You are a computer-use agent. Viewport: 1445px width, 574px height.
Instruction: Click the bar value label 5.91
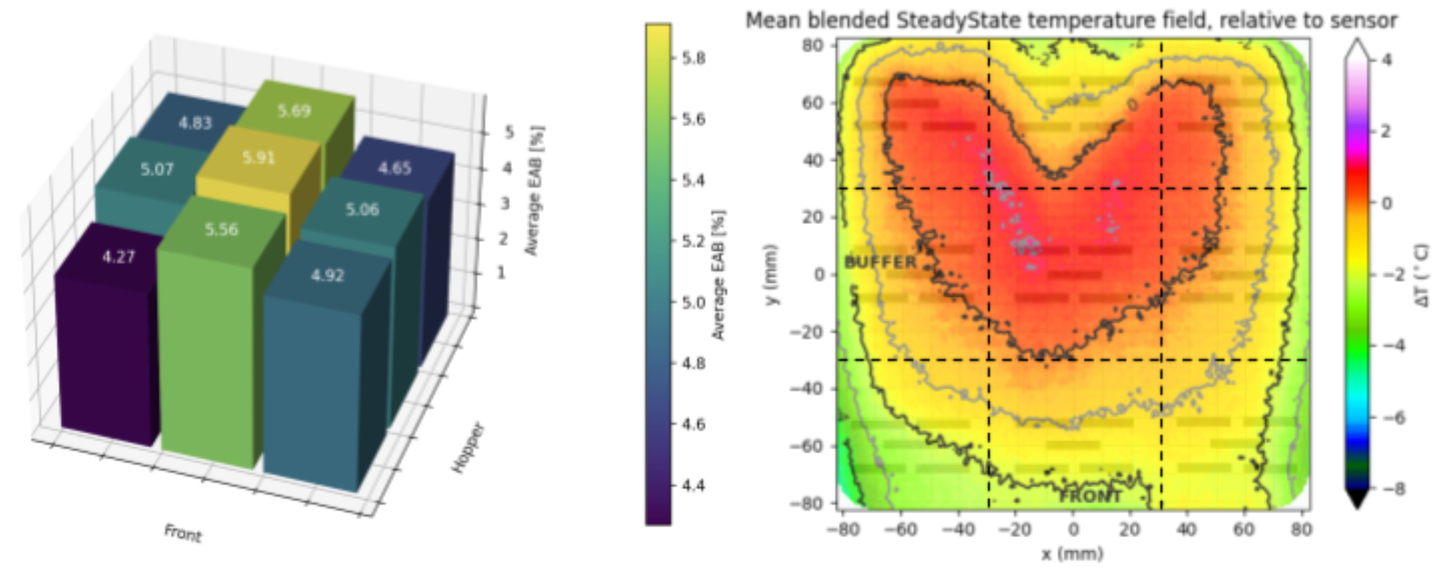[258, 157]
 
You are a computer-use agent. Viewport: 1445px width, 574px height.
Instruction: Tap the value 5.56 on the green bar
[221, 229]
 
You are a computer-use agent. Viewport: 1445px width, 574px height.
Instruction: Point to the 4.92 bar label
[327, 275]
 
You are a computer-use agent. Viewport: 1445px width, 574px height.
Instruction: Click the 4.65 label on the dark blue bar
[394, 168]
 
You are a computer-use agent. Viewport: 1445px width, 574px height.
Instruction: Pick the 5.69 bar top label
[294, 111]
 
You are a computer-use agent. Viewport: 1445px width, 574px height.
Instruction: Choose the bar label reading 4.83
[195, 123]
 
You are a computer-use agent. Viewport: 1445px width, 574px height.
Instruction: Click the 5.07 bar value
[156, 169]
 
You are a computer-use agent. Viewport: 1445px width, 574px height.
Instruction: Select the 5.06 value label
[362, 210]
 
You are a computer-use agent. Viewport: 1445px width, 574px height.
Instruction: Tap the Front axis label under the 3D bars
[182, 532]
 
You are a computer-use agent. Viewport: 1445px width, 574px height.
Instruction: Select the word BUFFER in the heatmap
[880, 262]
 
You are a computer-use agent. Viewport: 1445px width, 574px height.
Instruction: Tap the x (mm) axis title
[1072, 554]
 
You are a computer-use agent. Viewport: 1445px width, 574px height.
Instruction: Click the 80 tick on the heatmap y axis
[811, 45]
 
